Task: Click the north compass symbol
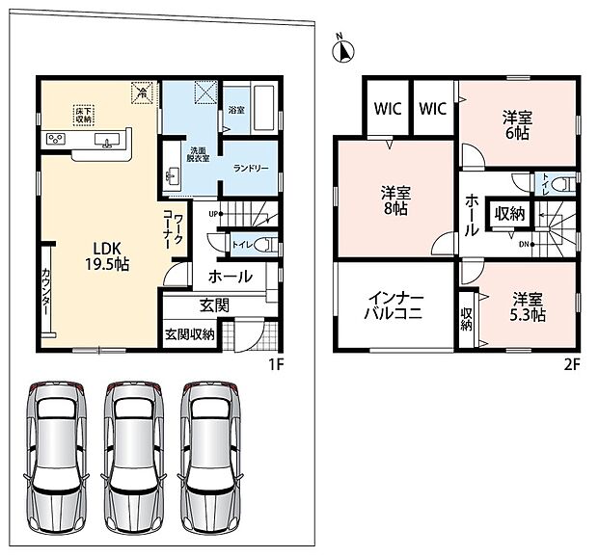(343, 50)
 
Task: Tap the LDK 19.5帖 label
(107, 256)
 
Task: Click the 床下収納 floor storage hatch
(84, 116)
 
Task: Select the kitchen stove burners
(56, 138)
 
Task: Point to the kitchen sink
(108, 140)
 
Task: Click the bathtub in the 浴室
(264, 109)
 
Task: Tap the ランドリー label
(251, 168)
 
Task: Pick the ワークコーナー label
(173, 229)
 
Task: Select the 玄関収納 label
(189, 334)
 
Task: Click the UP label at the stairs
(213, 214)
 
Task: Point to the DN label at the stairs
(524, 244)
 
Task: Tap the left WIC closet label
(388, 109)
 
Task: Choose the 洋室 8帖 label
(395, 200)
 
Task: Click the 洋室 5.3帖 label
(528, 307)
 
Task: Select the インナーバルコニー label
(394, 305)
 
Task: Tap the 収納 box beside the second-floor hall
(509, 214)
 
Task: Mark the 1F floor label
(276, 365)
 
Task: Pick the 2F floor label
(572, 365)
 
